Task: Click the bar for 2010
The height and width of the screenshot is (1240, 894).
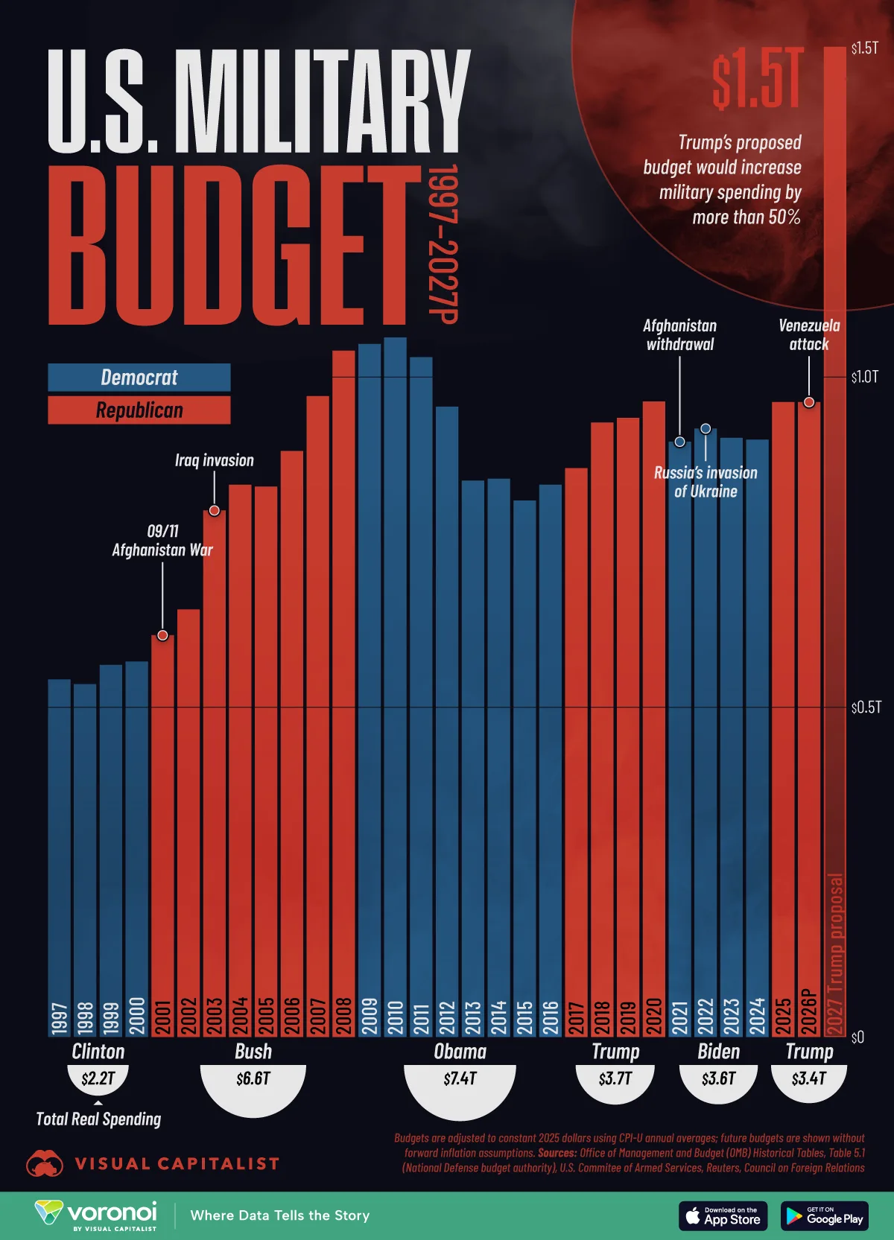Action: pyautogui.click(x=395, y=685)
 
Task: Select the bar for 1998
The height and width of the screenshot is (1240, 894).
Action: pyautogui.click(x=85, y=856)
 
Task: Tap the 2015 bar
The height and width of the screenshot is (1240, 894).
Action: pyautogui.click(x=524, y=767)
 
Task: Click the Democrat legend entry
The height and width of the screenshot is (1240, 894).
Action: pyautogui.click(x=139, y=378)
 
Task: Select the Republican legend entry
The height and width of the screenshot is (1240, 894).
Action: pyautogui.click(x=139, y=410)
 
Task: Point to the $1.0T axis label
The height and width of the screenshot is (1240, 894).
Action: pyautogui.click(x=865, y=377)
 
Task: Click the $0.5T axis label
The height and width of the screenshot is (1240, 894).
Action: pyautogui.click(x=866, y=707)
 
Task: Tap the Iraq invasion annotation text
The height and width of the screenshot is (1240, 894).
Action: pyautogui.click(x=215, y=460)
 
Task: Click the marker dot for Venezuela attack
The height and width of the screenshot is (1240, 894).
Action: pyautogui.click(x=809, y=402)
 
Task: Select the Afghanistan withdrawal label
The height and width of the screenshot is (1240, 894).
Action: pyautogui.click(x=679, y=334)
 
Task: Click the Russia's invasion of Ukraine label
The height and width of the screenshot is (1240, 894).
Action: pyautogui.click(x=706, y=482)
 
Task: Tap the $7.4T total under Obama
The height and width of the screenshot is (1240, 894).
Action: pyautogui.click(x=460, y=1078)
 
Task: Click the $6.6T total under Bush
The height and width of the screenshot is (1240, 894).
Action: pyautogui.click(x=253, y=1078)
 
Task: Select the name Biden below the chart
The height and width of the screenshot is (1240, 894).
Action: pyautogui.click(x=719, y=1052)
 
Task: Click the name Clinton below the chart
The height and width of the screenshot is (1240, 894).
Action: pyautogui.click(x=98, y=1052)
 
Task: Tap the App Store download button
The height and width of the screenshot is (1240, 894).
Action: pyautogui.click(x=723, y=1216)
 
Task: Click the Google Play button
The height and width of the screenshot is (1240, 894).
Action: pyautogui.click(x=825, y=1216)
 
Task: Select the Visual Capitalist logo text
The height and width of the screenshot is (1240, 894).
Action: pyautogui.click(x=177, y=1164)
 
